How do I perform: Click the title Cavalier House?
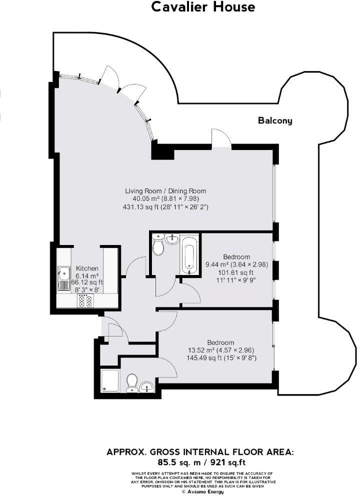pos(203,7)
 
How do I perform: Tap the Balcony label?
pos(275,120)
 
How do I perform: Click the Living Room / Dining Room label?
pos(165,191)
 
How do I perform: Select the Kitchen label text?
pos(87,268)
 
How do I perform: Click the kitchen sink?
pos(64,273)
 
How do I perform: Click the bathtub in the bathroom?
pos(190,255)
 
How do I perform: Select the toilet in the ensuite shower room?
pos(132,383)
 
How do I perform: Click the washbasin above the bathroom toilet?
pos(172,238)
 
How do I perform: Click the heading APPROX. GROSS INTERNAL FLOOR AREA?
pos(200,452)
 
